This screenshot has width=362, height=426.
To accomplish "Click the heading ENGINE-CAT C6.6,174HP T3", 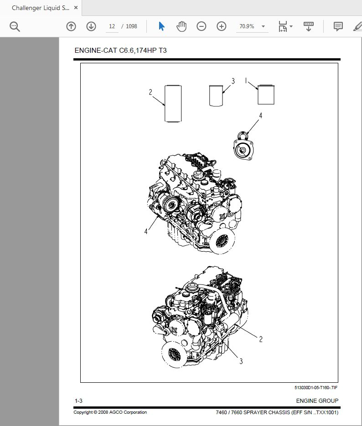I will pyautogui.click(x=120, y=51).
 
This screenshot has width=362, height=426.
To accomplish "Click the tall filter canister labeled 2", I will pyautogui.click(x=173, y=104).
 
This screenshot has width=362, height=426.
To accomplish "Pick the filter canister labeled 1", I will pyautogui.click(x=266, y=95).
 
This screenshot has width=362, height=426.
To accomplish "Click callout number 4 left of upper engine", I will pyautogui.click(x=146, y=231).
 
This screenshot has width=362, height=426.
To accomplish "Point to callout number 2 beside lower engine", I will pyautogui.click(x=261, y=339).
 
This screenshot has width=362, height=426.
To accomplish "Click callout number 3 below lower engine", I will pyautogui.click(x=241, y=361).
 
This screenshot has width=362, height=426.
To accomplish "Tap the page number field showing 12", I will pyautogui.click(x=112, y=26).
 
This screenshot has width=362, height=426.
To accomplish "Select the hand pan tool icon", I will pyautogui.click(x=181, y=26).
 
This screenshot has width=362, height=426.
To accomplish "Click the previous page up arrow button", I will pyautogui.click(x=71, y=26).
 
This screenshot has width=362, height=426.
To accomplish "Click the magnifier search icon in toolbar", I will pyautogui.click(x=15, y=26).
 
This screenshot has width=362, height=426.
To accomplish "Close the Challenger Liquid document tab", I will pyautogui.click(x=76, y=8).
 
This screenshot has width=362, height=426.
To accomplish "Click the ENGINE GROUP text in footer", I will pyautogui.click(x=317, y=401).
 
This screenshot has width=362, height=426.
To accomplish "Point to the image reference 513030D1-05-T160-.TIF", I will pyautogui.click(x=316, y=388).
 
